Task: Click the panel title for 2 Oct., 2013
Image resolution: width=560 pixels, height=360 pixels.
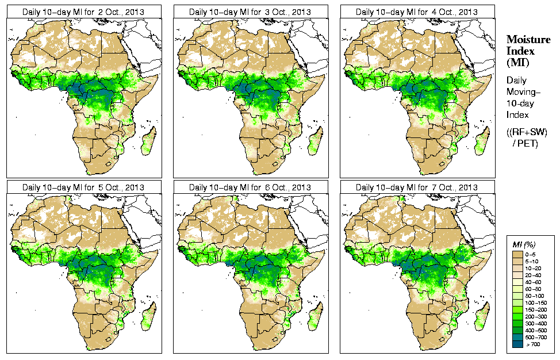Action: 83,12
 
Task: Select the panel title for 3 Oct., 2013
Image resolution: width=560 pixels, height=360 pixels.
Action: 250,12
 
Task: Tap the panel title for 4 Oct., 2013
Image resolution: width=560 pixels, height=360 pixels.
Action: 417,12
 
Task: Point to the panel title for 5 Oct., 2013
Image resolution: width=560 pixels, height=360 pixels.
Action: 83,187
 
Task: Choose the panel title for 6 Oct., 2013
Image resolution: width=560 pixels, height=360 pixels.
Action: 250,187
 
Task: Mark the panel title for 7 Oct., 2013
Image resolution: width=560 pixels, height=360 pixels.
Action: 417,187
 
